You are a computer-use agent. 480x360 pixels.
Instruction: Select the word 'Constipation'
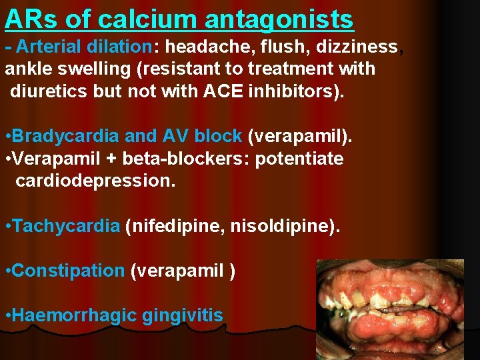point(68,271)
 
